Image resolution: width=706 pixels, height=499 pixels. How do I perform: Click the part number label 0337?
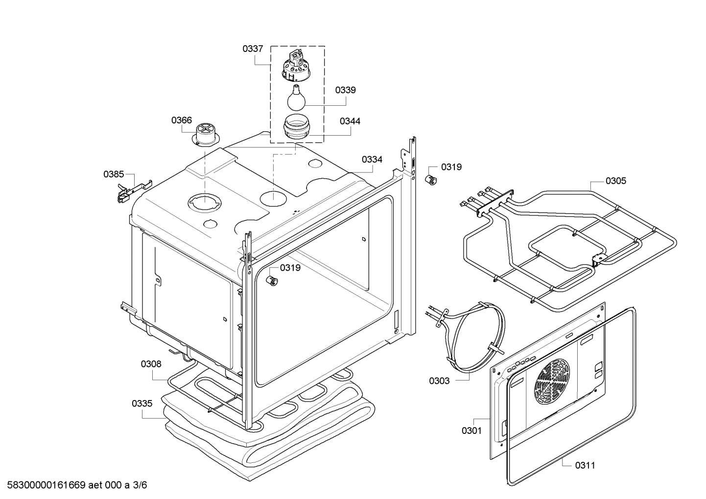coord(253,49)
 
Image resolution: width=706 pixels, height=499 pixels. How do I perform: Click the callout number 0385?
coord(113,174)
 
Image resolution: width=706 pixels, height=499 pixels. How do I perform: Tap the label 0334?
coord(372,159)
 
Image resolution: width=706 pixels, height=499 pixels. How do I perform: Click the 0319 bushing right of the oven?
coord(431,179)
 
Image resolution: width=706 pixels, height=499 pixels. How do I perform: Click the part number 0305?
coord(615,181)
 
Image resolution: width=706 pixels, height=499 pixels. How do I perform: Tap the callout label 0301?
coord(471,430)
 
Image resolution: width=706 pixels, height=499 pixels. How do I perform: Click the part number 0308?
coord(151,364)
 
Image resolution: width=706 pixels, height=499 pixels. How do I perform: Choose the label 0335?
coord(142,404)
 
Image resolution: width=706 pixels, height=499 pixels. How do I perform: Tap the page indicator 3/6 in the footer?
coord(140,485)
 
